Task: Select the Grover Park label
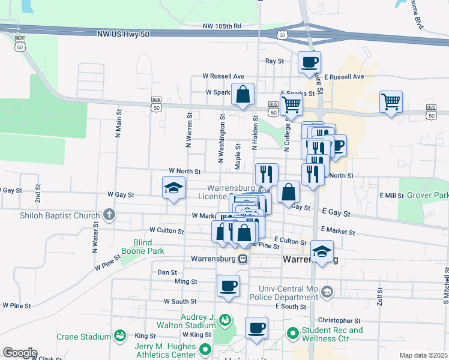coord(427,196)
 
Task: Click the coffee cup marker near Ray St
coord(310,62)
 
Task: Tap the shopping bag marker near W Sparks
coord(243,95)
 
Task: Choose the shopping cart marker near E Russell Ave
coord(391,102)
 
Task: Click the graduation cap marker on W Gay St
coord(173,188)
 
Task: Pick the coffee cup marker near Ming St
coord(228,286)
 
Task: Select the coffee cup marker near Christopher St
coord(256,328)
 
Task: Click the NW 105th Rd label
coord(221,26)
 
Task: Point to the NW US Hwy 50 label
coord(122,35)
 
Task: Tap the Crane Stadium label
coord(84,337)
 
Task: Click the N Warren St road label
coord(188,130)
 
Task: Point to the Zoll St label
coord(380,297)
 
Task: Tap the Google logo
coord(20,353)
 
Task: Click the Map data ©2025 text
coord(423,355)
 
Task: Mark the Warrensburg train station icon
coord(243,259)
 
